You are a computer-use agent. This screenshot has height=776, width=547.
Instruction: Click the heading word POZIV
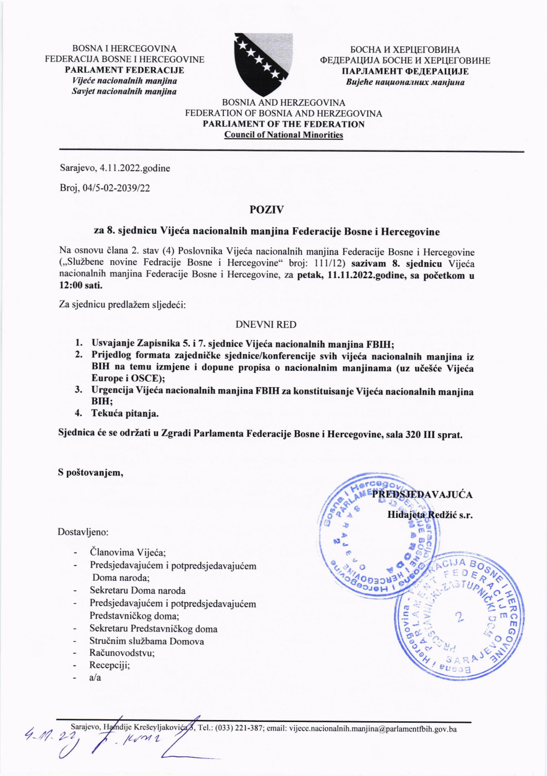click(266, 210)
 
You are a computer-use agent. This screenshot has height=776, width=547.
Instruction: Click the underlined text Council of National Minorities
click(284, 135)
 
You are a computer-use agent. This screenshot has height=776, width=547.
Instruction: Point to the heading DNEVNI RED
click(266, 325)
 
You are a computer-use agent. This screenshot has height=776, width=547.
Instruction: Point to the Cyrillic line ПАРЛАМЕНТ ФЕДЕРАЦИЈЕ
click(405, 71)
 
